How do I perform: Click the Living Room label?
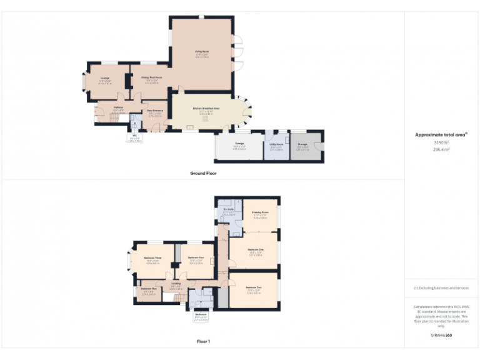201,51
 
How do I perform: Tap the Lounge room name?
104,78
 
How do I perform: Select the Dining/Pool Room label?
152,78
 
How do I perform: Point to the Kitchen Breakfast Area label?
206,108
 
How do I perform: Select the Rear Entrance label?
154,111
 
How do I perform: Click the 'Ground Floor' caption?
204,173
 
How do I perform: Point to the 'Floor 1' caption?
203,342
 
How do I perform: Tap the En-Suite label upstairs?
228,210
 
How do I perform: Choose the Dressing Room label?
260,212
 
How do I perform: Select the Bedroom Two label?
253,287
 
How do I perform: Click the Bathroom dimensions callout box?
201,317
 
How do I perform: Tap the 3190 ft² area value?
441,143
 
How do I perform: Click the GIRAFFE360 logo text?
441,336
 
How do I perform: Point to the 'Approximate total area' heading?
441,134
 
